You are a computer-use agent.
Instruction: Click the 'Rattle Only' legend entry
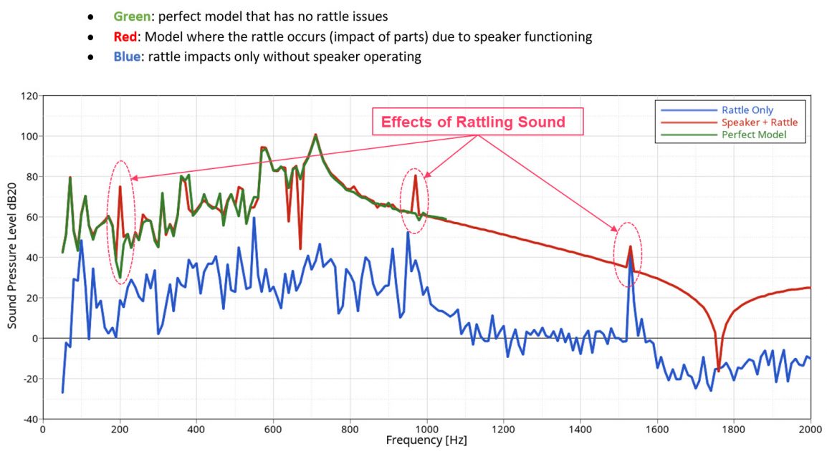coord(746,110)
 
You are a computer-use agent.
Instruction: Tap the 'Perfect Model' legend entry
coord(753,135)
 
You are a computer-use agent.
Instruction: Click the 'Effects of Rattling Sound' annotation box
coord(473,122)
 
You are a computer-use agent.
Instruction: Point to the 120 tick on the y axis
coord(30,96)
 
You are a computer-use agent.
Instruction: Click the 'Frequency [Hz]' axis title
coord(426,440)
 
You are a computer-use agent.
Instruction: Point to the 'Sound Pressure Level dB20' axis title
coord(12,258)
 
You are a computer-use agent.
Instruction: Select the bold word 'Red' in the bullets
coord(125,37)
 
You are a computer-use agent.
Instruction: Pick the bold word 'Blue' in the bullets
coord(127,57)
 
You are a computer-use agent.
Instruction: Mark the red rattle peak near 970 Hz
coord(415,175)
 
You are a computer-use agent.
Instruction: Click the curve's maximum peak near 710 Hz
coord(315,135)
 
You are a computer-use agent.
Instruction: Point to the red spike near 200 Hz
coord(120,188)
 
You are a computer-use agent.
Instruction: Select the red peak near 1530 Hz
coord(631,247)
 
